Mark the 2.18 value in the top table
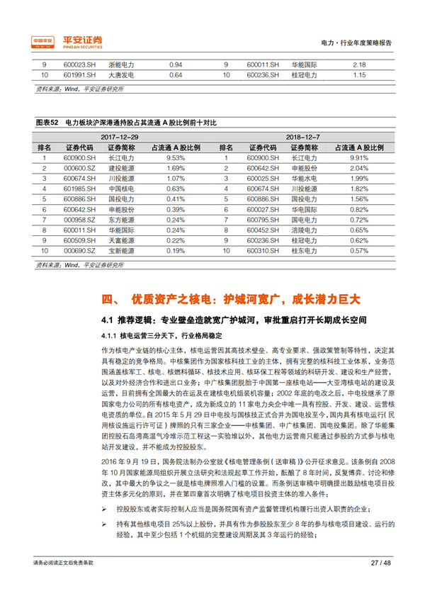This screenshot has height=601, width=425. (x=358, y=64)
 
